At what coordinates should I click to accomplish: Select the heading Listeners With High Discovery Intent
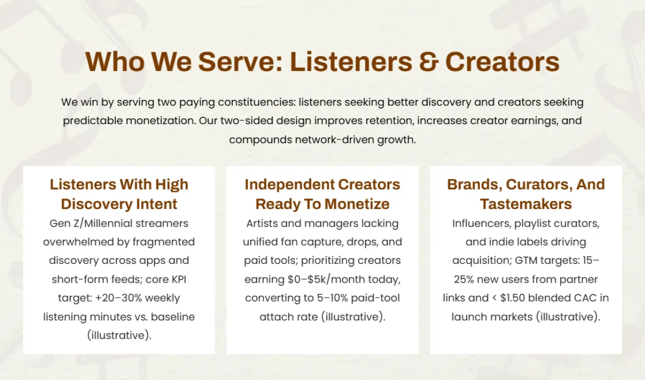click(119, 194)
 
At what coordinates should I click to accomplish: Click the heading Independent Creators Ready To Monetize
click(322, 194)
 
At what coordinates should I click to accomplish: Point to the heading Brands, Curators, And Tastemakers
click(526, 194)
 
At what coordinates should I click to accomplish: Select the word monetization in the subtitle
click(160, 120)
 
